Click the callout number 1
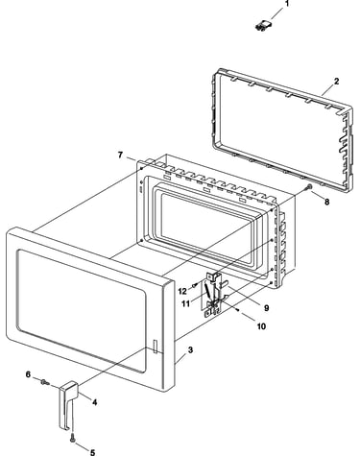click(x=287, y=4)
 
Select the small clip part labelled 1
click(x=264, y=26)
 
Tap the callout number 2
click(x=336, y=82)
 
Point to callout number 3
click(x=190, y=350)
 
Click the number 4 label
click(x=95, y=402)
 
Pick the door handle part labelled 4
click(x=68, y=405)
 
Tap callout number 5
click(x=92, y=452)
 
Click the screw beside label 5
click(x=73, y=438)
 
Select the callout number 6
click(x=28, y=374)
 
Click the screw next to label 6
click(x=44, y=381)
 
